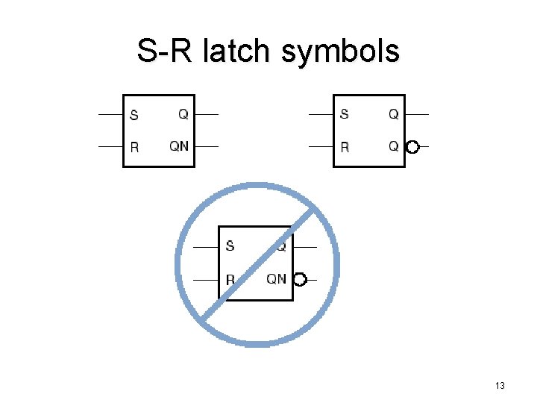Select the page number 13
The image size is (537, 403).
(x=500, y=386)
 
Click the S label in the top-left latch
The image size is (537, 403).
(x=134, y=115)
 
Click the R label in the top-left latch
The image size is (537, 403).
(x=134, y=147)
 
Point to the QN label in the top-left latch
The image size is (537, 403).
(x=179, y=146)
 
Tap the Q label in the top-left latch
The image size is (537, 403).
(x=183, y=114)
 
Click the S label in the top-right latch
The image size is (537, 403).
(x=344, y=115)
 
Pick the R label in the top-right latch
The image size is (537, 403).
(x=345, y=147)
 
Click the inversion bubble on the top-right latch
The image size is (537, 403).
(x=412, y=147)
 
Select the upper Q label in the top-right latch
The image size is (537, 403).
(x=393, y=114)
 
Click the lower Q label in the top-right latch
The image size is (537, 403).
(x=393, y=146)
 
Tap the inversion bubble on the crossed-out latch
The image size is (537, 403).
(x=300, y=280)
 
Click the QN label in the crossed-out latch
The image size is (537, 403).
(x=276, y=279)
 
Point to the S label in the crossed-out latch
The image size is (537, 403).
(x=230, y=246)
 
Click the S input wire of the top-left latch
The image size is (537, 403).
(x=110, y=115)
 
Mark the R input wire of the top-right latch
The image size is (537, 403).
(x=321, y=147)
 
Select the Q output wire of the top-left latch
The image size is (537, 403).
(x=207, y=115)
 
